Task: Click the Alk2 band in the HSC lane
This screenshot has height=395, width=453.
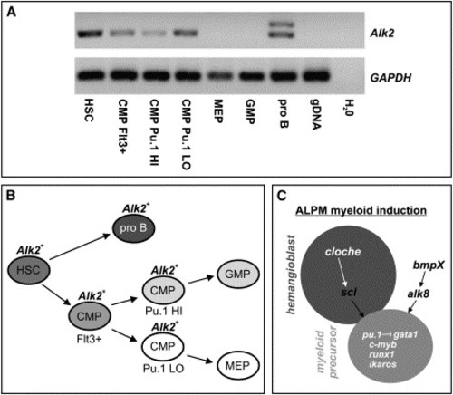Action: tap(90, 34)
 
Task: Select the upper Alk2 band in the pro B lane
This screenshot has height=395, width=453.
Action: tap(281, 24)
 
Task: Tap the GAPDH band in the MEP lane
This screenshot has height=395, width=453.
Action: tap(219, 76)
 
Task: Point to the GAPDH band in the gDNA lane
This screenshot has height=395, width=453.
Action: tap(316, 75)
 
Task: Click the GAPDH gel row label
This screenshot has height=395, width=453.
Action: tap(390, 78)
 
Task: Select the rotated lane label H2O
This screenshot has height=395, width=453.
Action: tap(349, 108)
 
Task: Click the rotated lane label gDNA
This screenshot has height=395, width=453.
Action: tap(315, 114)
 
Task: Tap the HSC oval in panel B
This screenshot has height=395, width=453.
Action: tap(28, 270)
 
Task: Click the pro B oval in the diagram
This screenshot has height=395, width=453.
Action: tap(133, 228)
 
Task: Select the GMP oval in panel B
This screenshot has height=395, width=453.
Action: tap(238, 275)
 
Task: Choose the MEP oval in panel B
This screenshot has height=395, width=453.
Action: tap(238, 366)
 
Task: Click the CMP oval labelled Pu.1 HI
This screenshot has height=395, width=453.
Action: tap(163, 290)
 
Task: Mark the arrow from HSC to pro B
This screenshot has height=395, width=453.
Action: tap(80, 246)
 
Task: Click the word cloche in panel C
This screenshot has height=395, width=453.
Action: tap(342, 252)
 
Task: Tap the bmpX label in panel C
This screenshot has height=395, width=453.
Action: tap(429, 265)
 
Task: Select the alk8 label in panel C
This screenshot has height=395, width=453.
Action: tap(418, 294)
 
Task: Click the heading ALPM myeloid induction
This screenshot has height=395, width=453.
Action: tap(361, 210)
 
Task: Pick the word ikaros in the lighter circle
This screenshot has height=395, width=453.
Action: tap(382, 364)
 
